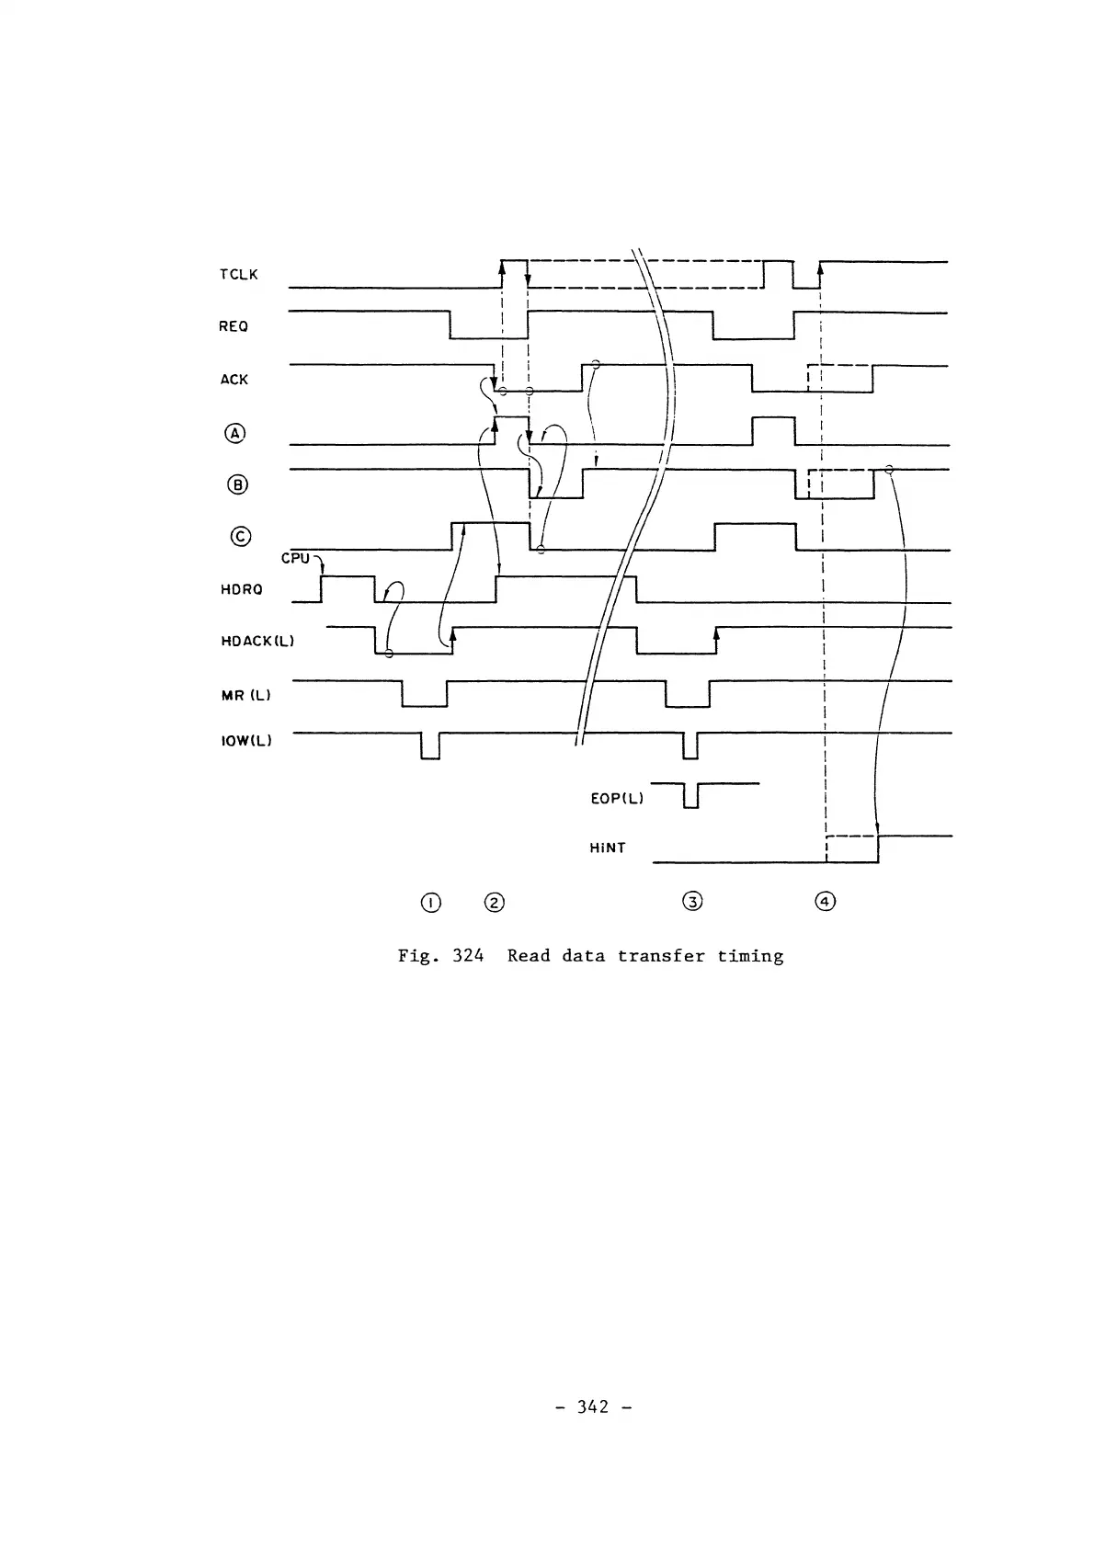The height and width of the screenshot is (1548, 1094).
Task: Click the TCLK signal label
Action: [x=238, y=274]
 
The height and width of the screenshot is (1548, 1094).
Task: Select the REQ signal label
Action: [x=234, y=326]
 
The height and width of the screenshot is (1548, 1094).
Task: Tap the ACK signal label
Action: [x=234, y=379]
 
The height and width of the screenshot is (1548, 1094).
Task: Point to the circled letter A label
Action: [x=236, y=432]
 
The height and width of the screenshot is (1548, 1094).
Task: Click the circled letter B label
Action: [x=237, y=484]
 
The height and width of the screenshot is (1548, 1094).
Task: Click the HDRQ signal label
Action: [x=241, y=589]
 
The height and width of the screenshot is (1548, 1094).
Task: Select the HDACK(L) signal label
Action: [x=257, y=641]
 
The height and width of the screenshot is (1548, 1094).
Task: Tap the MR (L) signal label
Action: [x=245, y=695]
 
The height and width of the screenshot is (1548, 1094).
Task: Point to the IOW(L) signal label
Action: [x=246, y=741]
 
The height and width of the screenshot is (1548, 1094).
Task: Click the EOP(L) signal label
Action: [x=616, y=798]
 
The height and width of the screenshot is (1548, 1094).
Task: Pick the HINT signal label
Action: [x=607, y=848]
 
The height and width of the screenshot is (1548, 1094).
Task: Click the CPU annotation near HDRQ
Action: [x=295, y=558]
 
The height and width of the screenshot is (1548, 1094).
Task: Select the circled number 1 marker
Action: [x=429, y=902]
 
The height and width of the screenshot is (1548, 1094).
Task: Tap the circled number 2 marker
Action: [x=495, y=902]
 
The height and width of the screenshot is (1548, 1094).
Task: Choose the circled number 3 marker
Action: [x=693, y=902]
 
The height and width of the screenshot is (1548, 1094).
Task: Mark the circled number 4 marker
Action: [x=826, y=902]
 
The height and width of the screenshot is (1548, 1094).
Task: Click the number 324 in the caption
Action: [x=468, y=956]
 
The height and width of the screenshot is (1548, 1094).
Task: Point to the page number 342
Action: [x=593, y=1406]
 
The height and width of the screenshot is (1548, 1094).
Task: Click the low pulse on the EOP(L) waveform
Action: [x=691, y=796]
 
